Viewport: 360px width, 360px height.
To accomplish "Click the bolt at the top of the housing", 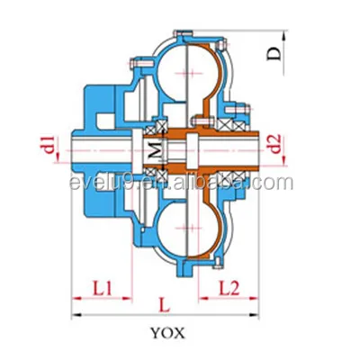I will tap(184, 33).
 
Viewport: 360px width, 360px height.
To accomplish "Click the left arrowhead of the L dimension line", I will tap(76, 316).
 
